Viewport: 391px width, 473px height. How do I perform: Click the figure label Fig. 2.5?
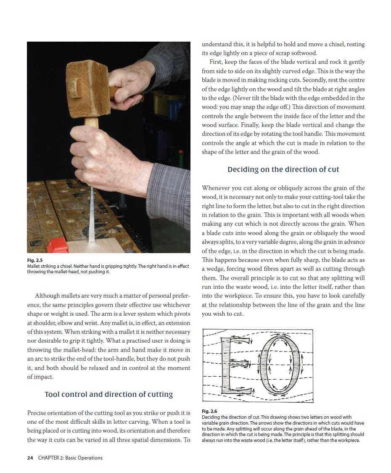point(34,261)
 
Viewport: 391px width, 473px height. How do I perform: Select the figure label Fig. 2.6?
point(209,411)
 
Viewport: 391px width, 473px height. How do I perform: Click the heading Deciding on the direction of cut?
point(283,169)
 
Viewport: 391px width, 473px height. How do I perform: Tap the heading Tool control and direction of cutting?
point(108,394)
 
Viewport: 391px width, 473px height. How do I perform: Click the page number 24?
point(30,458)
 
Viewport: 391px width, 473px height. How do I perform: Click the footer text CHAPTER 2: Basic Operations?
point(70,458)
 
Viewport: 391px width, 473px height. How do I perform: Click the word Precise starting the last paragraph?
point(38,413)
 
